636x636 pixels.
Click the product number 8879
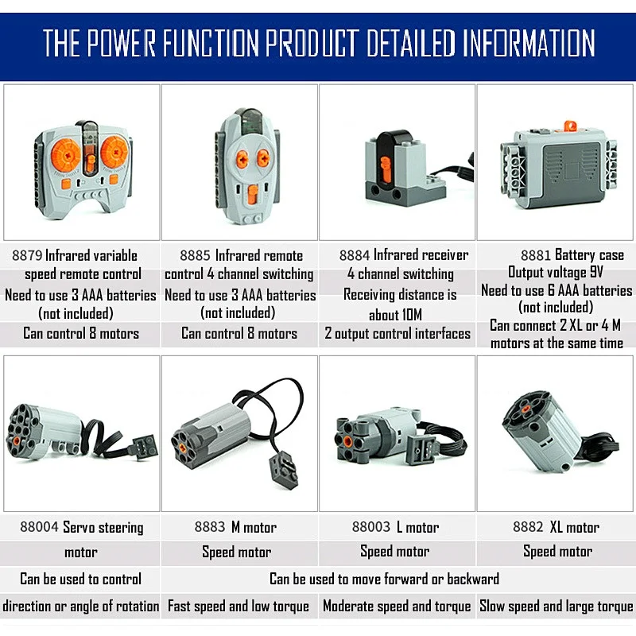(27, 256)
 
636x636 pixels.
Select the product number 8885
(195, 256)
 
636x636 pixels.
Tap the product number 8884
(355, 256)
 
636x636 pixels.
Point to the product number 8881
(536, 256)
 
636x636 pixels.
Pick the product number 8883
(210, 528)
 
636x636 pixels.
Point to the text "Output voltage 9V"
(552, 273)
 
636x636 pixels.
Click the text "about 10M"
(395, 314)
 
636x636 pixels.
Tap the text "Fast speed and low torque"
(238, 607)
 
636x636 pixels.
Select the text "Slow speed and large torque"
(556, 607)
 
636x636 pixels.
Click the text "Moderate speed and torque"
(397, 607)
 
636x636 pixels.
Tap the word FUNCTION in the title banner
(206, 43)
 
